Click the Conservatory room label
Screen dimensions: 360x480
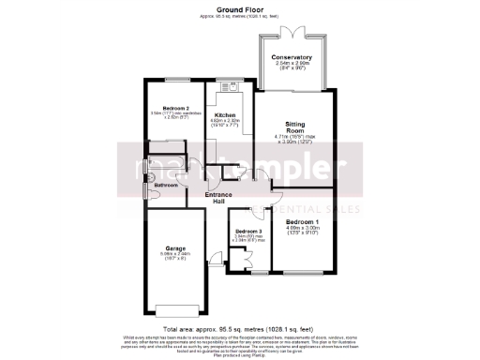pyautogui.click(x=292, y=57)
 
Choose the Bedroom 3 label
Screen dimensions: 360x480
pyautogui.click(x=248, y=231)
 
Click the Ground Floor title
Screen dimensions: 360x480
pyautogui.click(x=239, y=8)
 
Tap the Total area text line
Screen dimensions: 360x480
pyautogui.click(x=240, y=330)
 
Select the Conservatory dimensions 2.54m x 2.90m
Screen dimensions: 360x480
pyautogui.click(x=292, y=64)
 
